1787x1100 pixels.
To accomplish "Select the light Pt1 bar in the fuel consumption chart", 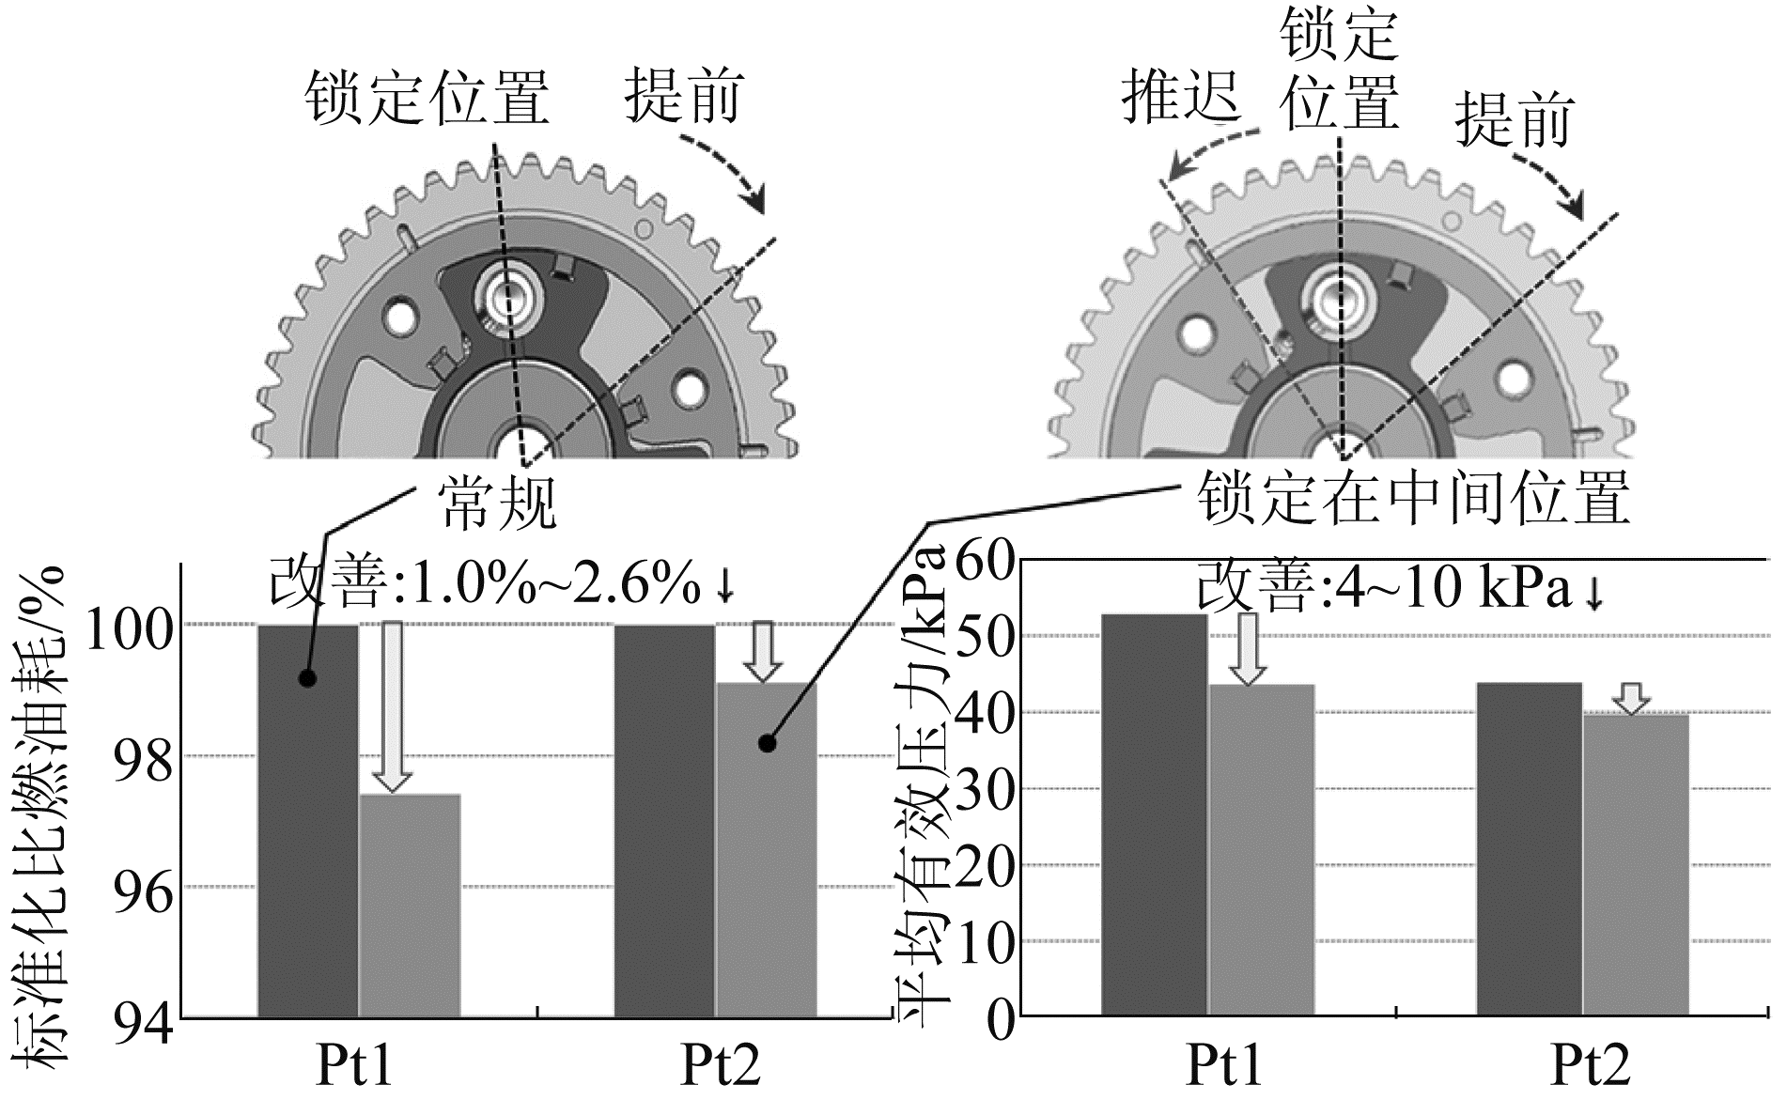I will (x=410, y=906).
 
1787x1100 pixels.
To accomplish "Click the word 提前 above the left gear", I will (x=683, y=96).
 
